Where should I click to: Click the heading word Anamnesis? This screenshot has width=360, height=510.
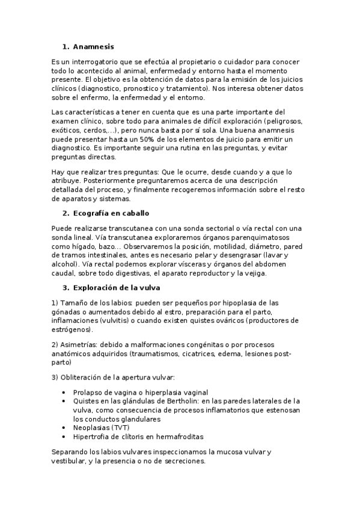93,46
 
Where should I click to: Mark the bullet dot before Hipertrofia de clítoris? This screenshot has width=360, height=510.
64,436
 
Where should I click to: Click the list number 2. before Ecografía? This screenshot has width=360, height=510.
66,214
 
